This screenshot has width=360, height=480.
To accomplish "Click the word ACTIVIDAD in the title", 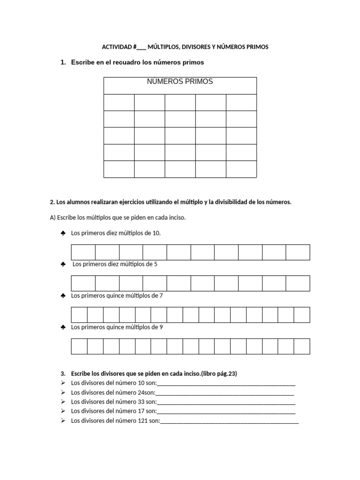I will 117,47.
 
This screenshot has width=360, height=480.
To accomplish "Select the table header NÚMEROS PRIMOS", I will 180,82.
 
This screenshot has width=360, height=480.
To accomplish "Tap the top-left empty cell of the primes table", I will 119,102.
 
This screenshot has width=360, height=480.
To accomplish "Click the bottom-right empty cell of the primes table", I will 241,169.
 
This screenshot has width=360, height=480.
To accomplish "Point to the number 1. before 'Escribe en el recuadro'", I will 63,62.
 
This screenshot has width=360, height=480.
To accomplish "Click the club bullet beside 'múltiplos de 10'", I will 63,233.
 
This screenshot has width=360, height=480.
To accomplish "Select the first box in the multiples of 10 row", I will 83,252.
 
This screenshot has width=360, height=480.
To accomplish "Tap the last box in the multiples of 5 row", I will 298,284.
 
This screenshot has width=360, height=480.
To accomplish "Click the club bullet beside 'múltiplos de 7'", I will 63,296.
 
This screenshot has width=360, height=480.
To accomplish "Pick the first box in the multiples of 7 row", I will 79,315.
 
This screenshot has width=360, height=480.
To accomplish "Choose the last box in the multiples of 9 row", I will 302,346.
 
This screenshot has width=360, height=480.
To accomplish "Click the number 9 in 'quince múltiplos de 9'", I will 161,327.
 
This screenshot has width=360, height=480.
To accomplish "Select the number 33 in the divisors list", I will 150,402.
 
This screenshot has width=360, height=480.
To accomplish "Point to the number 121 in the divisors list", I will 152,421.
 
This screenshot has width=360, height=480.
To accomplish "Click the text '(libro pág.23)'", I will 220,374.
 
